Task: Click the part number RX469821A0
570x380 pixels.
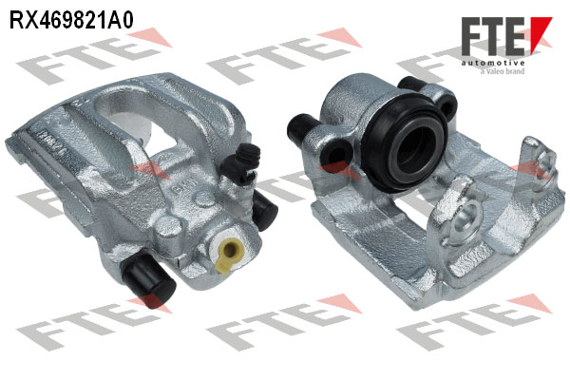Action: [71, 20]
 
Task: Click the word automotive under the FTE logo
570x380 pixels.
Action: [493, 64]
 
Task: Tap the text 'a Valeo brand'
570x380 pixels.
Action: [502, 71]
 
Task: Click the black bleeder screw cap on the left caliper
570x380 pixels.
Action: [241, 161]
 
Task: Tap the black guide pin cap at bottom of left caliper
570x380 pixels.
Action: [150, 279]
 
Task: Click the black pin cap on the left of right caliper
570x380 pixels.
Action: [301, 128]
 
